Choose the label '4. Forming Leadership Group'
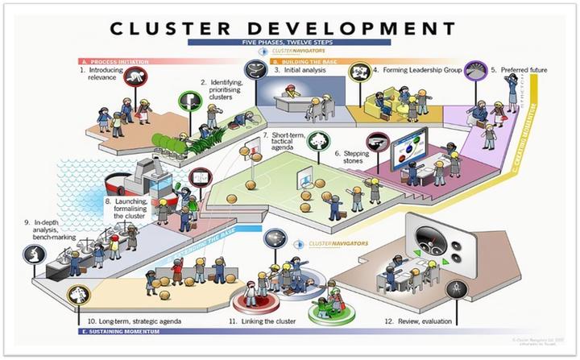click(416, 70)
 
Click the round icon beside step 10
click(78, 294)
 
